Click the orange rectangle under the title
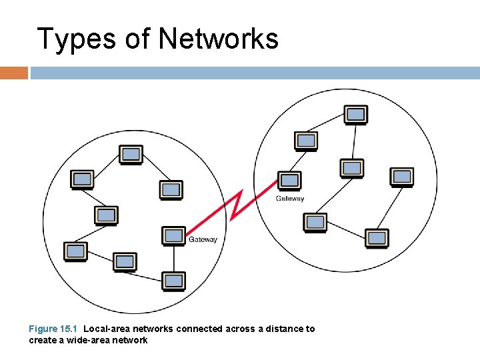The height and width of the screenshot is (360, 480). tap(14, 73)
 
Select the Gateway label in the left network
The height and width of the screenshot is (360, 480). tap(203, 240)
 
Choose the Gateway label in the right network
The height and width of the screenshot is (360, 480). tap(290, 199)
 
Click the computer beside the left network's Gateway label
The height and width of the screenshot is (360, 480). tap(174, 235)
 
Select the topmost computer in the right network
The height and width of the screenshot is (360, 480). tap(356, 115)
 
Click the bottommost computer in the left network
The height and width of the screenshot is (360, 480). tap(174, 281)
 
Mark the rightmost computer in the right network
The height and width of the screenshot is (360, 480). tap(402, 177)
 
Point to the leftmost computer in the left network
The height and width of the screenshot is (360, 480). tap(75, 251)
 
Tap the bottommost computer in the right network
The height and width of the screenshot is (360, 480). tap(377, 237)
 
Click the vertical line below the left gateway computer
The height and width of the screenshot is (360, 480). tap(174, 258)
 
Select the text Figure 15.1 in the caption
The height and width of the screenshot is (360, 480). tap(53, 329)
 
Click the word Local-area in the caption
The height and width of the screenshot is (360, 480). tap(106, 329)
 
